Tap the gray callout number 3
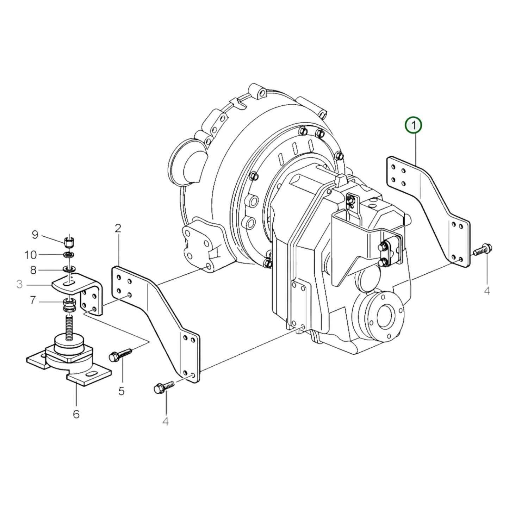(19, 284)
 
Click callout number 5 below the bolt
(122, 391)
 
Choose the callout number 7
(33, 300)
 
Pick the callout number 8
(33, 270)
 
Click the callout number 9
(35, 235)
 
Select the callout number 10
(31, 254)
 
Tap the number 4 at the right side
(487, 291)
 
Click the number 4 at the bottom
(166, 421)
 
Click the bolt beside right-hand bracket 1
(483, 249)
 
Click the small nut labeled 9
(69, 242)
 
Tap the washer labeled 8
(69, 270)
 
